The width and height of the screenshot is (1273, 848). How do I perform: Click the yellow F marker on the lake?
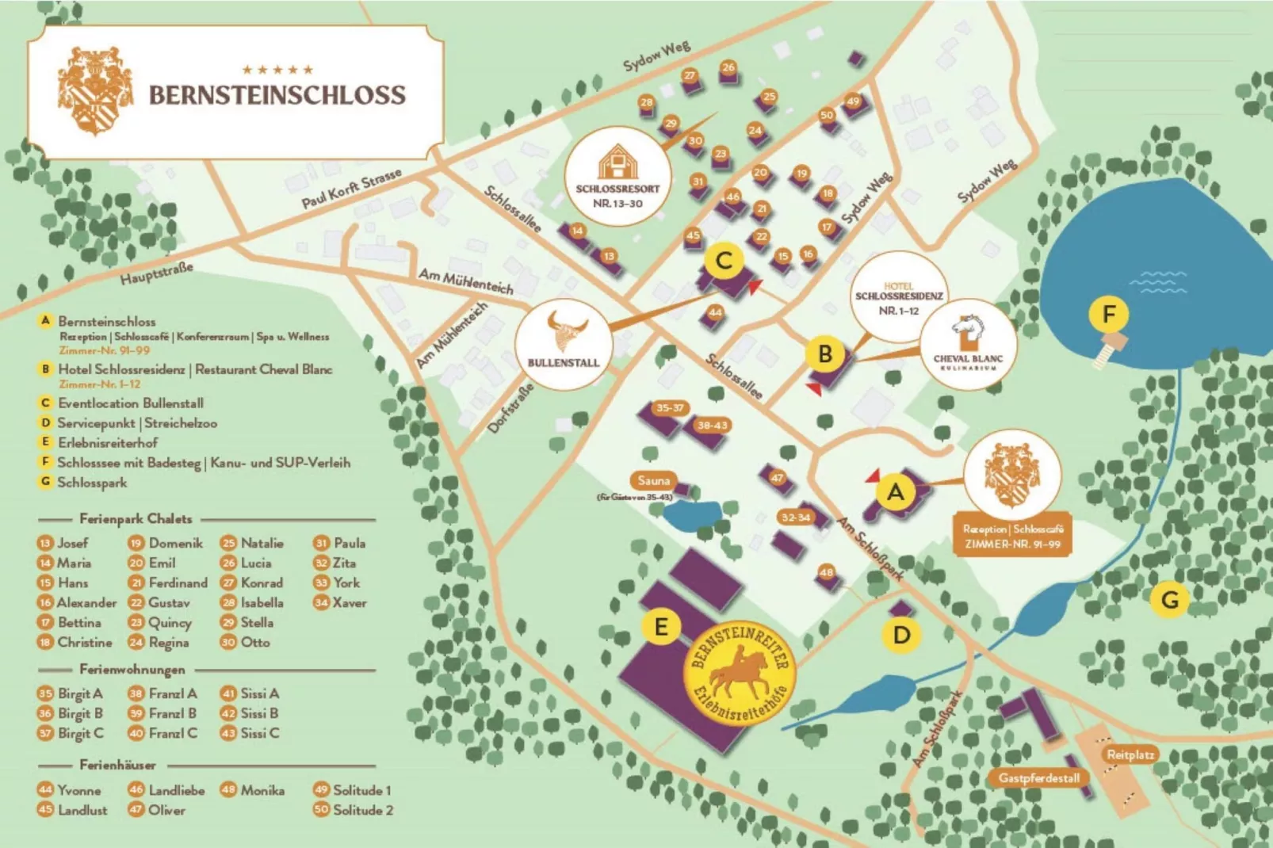1108,315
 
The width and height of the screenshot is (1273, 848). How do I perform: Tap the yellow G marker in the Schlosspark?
1169,600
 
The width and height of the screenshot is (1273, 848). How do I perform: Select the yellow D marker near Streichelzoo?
901,635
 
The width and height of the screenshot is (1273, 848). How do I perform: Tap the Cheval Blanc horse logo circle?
968,343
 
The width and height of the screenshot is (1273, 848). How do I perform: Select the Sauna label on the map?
653,480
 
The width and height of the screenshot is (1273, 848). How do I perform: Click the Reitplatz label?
1130,754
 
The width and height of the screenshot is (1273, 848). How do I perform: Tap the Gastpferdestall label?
1038,778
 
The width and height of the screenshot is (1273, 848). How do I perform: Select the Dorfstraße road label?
509,408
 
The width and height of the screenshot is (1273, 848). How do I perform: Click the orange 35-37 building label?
669,407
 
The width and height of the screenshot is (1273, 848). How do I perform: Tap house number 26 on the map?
728,67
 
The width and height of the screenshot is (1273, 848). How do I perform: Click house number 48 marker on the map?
827,572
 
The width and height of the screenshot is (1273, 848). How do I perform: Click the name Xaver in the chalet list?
349,602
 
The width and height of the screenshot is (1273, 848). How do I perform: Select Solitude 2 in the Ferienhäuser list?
362,810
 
